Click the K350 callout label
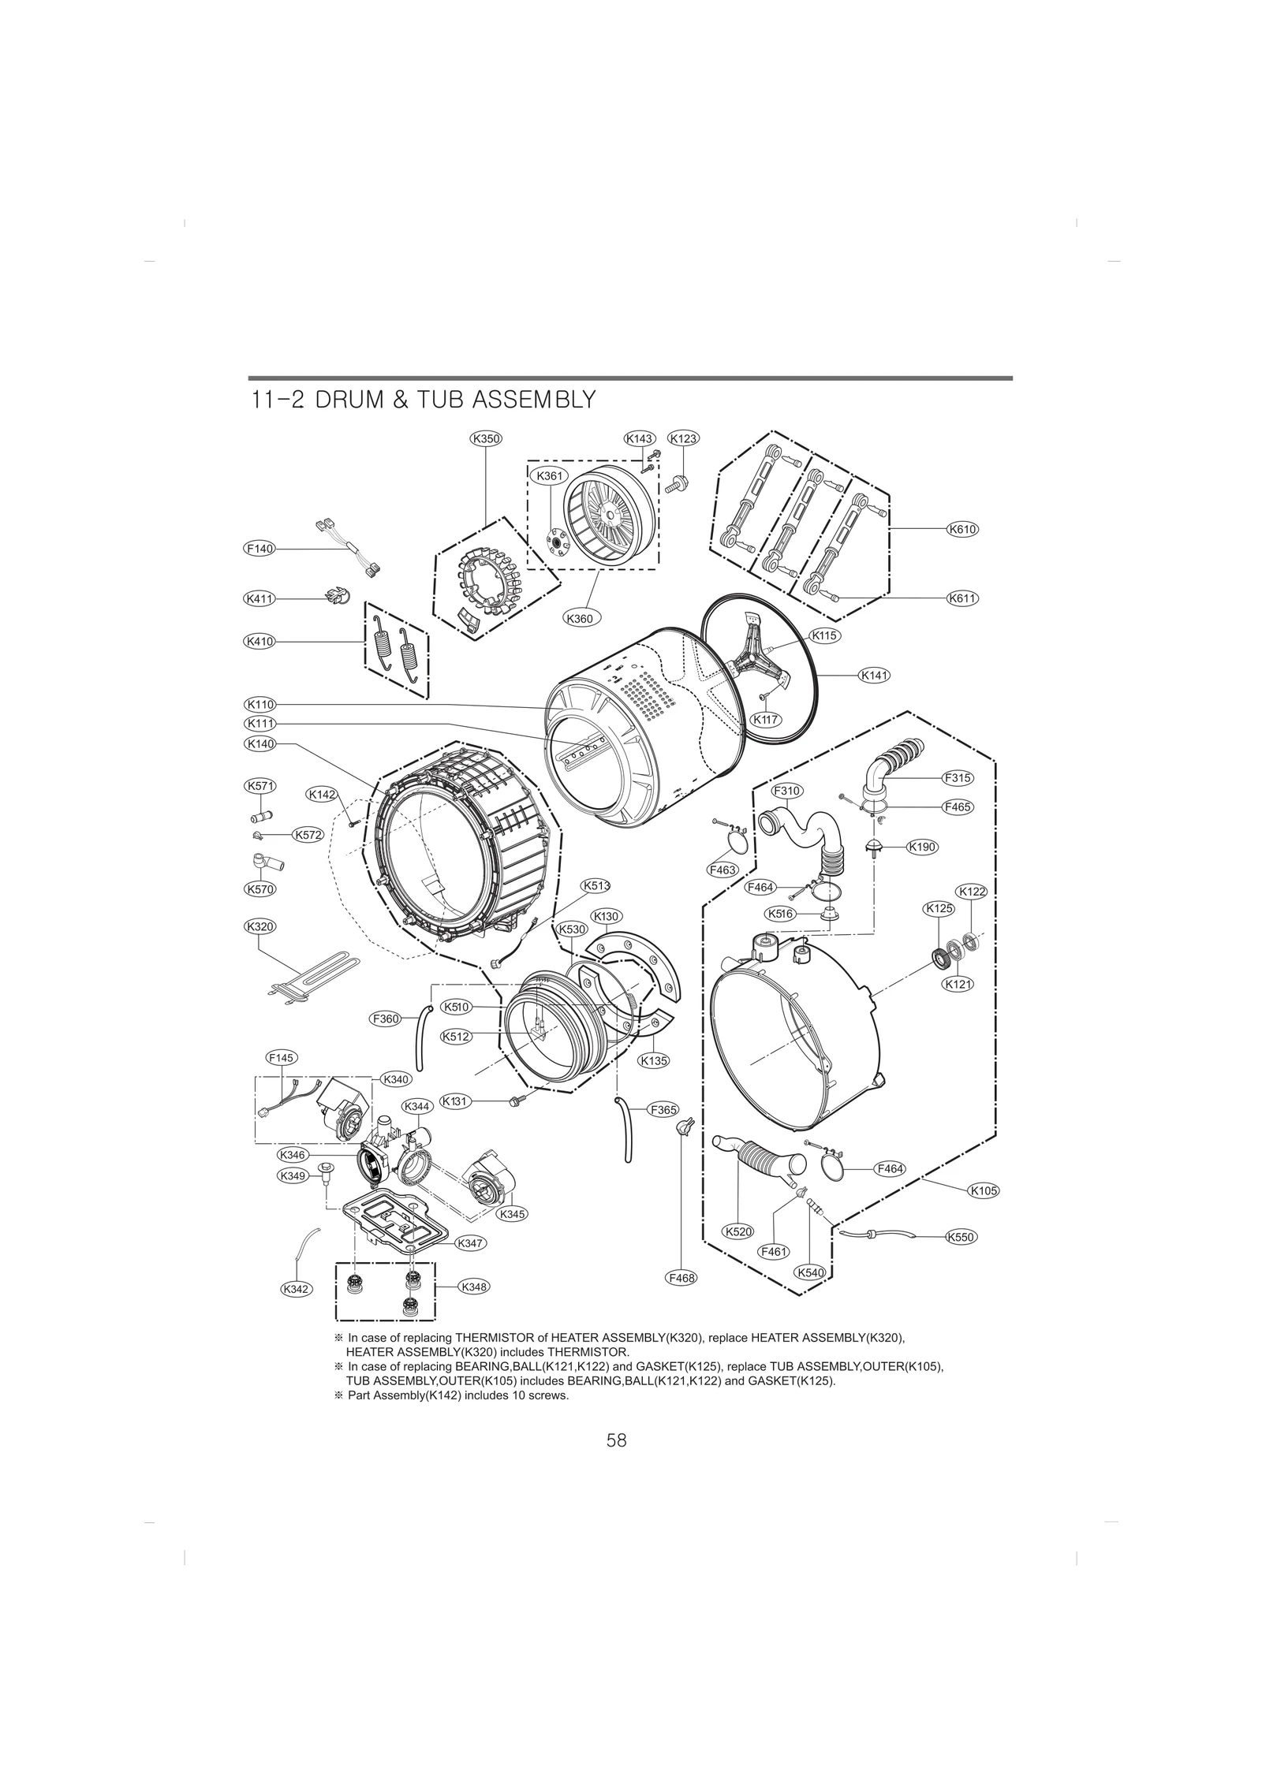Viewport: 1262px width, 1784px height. click(x=486, y=438)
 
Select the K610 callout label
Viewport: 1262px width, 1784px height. click(x=962, y=529)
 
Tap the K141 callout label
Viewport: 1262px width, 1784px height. click(x=875, y=675)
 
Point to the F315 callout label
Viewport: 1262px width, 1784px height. click(x=958, y=777)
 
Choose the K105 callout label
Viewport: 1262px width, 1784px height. click(x=984, y=1212)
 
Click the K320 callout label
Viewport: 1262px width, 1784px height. click(x=259, y=926)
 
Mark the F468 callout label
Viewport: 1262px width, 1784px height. click(x=681, y=1278)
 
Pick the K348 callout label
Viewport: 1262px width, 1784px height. click(x=473, y=1287)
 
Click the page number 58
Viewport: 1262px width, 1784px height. click(x=617, y=1440)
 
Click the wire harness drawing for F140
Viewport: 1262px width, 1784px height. click(x=349, y=546)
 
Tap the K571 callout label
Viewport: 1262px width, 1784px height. click(x=259, y=786)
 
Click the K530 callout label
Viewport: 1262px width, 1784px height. click(x=573, y=929)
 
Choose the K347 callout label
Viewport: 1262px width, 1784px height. click(x=471, y=1242)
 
